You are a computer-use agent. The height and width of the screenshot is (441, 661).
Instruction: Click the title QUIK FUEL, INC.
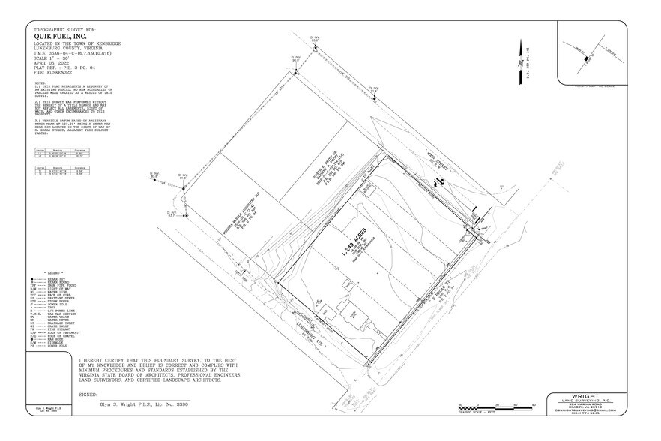pos(61,34)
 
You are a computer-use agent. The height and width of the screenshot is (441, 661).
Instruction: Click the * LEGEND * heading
pos(55,273)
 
